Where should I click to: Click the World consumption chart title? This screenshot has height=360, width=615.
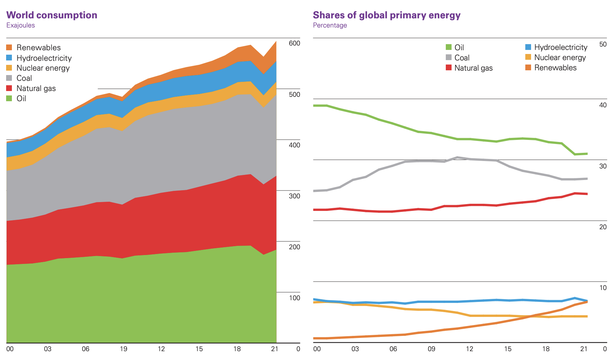(x=52, y=15)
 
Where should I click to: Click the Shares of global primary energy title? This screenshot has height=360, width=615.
(x=386, y=15)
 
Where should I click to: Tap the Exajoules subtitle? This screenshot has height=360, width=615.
(x=20, y=25)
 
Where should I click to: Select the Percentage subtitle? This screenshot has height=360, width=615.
(x=330, y=25)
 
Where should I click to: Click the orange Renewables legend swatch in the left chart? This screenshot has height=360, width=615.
(x=9, y=48)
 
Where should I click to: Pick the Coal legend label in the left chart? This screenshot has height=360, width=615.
(x=24, y=78)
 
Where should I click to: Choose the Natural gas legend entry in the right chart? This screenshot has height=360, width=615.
(x=473, y=68)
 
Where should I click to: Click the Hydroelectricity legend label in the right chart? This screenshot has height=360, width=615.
(x=561, y=47)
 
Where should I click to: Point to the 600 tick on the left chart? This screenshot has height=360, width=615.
(x=294, y=43)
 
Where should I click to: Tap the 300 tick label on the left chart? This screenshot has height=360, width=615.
(x=294, y=196)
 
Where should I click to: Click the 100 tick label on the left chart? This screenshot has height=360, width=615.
(x=294, y=298)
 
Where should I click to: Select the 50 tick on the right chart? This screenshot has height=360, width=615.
(x=603, y=44)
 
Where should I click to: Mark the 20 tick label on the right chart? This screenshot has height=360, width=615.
(x=603, y=227)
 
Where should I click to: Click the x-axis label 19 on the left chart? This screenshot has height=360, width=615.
(x=123, y=349)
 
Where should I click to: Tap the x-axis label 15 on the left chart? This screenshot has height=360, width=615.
(x=199, y=349)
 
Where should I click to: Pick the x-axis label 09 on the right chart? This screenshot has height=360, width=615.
(x=431, y=349)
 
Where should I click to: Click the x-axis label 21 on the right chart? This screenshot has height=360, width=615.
(x=584, y=349)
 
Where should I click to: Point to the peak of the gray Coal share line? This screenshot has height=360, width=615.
(x=457, y=157)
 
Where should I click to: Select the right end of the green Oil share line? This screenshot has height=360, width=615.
(x=587, y=154)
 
